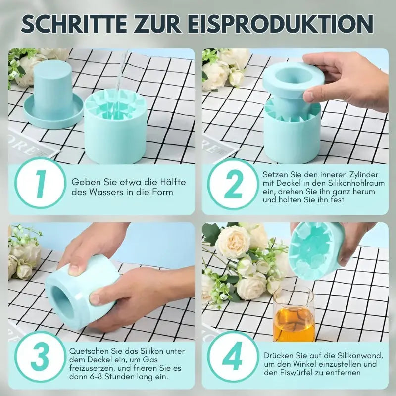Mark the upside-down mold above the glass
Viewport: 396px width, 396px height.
pos(317,250)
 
